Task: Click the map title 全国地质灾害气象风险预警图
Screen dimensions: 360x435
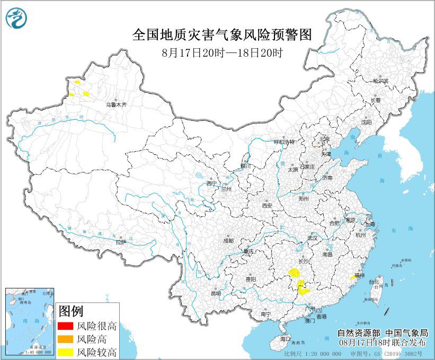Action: pos(221,35)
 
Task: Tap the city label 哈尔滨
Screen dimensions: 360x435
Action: pos(380,81)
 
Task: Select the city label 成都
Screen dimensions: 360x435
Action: pos(228,240)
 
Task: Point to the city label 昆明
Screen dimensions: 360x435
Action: pos(216,293)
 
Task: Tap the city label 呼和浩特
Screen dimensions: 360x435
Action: pos(283,142)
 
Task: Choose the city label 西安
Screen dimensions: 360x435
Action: pos(266,205)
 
